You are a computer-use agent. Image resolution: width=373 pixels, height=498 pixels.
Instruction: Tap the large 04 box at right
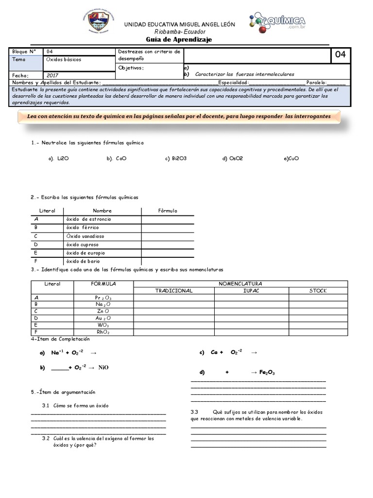click(x=340, y=55)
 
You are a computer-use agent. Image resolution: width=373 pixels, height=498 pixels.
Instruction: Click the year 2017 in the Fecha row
click(x=52, y=75)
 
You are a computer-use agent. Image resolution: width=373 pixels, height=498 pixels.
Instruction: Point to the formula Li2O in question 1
click(x=62, y=158)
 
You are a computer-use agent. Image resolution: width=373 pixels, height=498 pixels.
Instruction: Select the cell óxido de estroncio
click(x=88, y=219)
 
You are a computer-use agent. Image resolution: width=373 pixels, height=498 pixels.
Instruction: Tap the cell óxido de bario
click(x=83, y=261)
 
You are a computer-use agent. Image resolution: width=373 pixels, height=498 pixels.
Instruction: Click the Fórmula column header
click(x=168, y=211)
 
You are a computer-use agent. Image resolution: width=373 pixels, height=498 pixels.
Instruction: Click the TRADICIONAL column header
click(x=174, y=291)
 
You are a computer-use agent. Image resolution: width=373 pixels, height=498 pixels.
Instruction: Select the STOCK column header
click(x=318, y=291)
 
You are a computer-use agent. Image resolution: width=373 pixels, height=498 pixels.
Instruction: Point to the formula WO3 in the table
click(x=103, y=325)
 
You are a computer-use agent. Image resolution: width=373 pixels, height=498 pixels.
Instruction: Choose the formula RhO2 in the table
click(x=103, y=333)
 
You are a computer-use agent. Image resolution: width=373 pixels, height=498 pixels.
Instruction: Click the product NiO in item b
click(x=103, y=368)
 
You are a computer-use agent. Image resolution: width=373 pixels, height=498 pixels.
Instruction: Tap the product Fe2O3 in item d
click(x=267, y=373)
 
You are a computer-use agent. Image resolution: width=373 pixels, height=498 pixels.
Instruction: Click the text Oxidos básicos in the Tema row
click(x=64, y=59)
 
